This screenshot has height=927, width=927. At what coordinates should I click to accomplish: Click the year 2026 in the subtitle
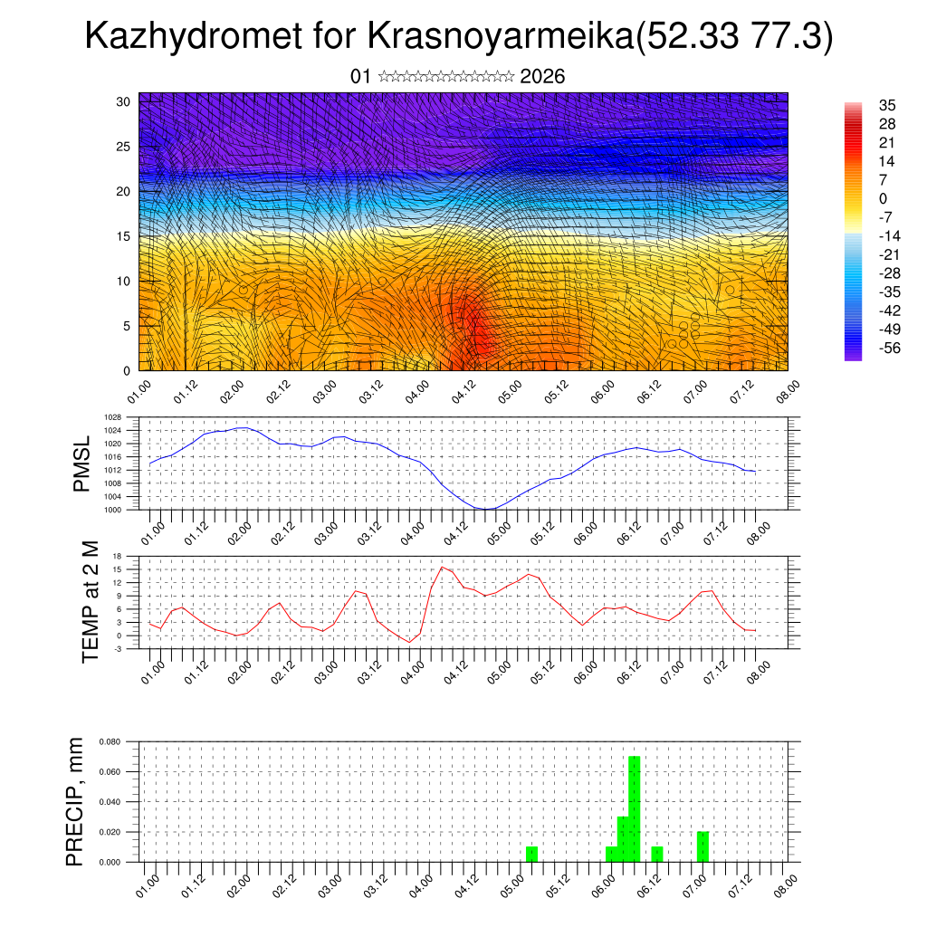542,77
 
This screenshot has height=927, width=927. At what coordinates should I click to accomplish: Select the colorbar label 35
886,105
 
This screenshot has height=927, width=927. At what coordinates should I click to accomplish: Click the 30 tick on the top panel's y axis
124,101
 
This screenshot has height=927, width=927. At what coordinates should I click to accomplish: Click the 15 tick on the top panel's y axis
124,236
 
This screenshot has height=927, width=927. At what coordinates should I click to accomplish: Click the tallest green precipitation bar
634,808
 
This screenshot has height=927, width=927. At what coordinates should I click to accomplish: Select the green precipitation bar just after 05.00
531,854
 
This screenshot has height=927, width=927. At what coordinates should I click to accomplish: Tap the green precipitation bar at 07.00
702,846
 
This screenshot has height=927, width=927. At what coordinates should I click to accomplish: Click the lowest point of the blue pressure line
487,509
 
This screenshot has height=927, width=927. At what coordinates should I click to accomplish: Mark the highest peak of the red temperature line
442,567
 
